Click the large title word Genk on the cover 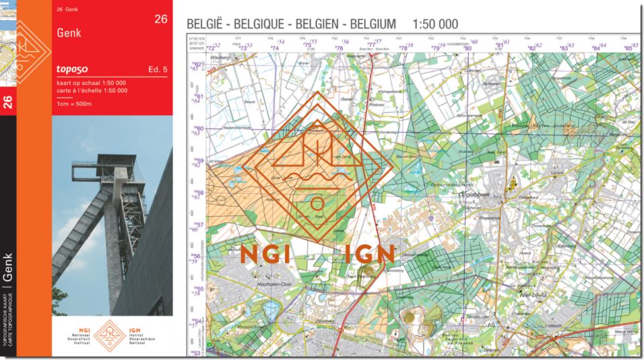coord(69,32)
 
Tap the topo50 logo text coord(72,69)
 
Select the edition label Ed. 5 coord(158,70)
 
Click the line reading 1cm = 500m coord(74,103)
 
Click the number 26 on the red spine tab coord(8,102)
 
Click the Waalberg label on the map coord(221,58)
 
